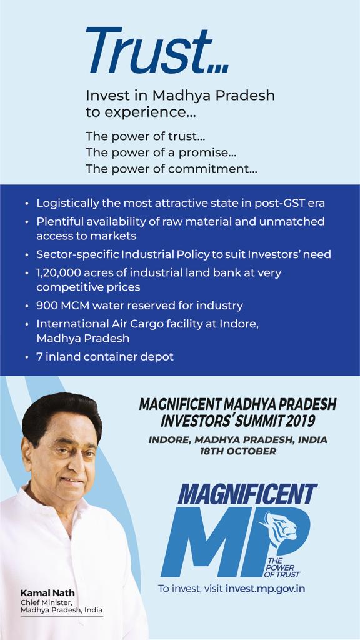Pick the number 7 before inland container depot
point(39,357)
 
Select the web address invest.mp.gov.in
point(266,589)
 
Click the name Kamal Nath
point(47,592)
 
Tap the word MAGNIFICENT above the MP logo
point(247,495)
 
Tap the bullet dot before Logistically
point(26,204)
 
